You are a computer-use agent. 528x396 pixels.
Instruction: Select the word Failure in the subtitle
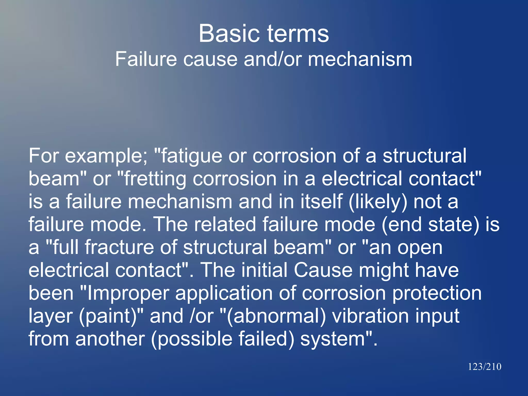tap(146, 59)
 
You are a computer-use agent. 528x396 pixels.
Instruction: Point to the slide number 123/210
tap(484, 367)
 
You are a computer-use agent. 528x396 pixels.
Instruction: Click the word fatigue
tap(191, 156)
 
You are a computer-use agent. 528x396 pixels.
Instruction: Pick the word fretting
tap(155, 179)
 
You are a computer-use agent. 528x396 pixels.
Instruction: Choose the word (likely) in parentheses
tap(378, 202)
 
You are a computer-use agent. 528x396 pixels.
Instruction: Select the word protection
tap(437, 293)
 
